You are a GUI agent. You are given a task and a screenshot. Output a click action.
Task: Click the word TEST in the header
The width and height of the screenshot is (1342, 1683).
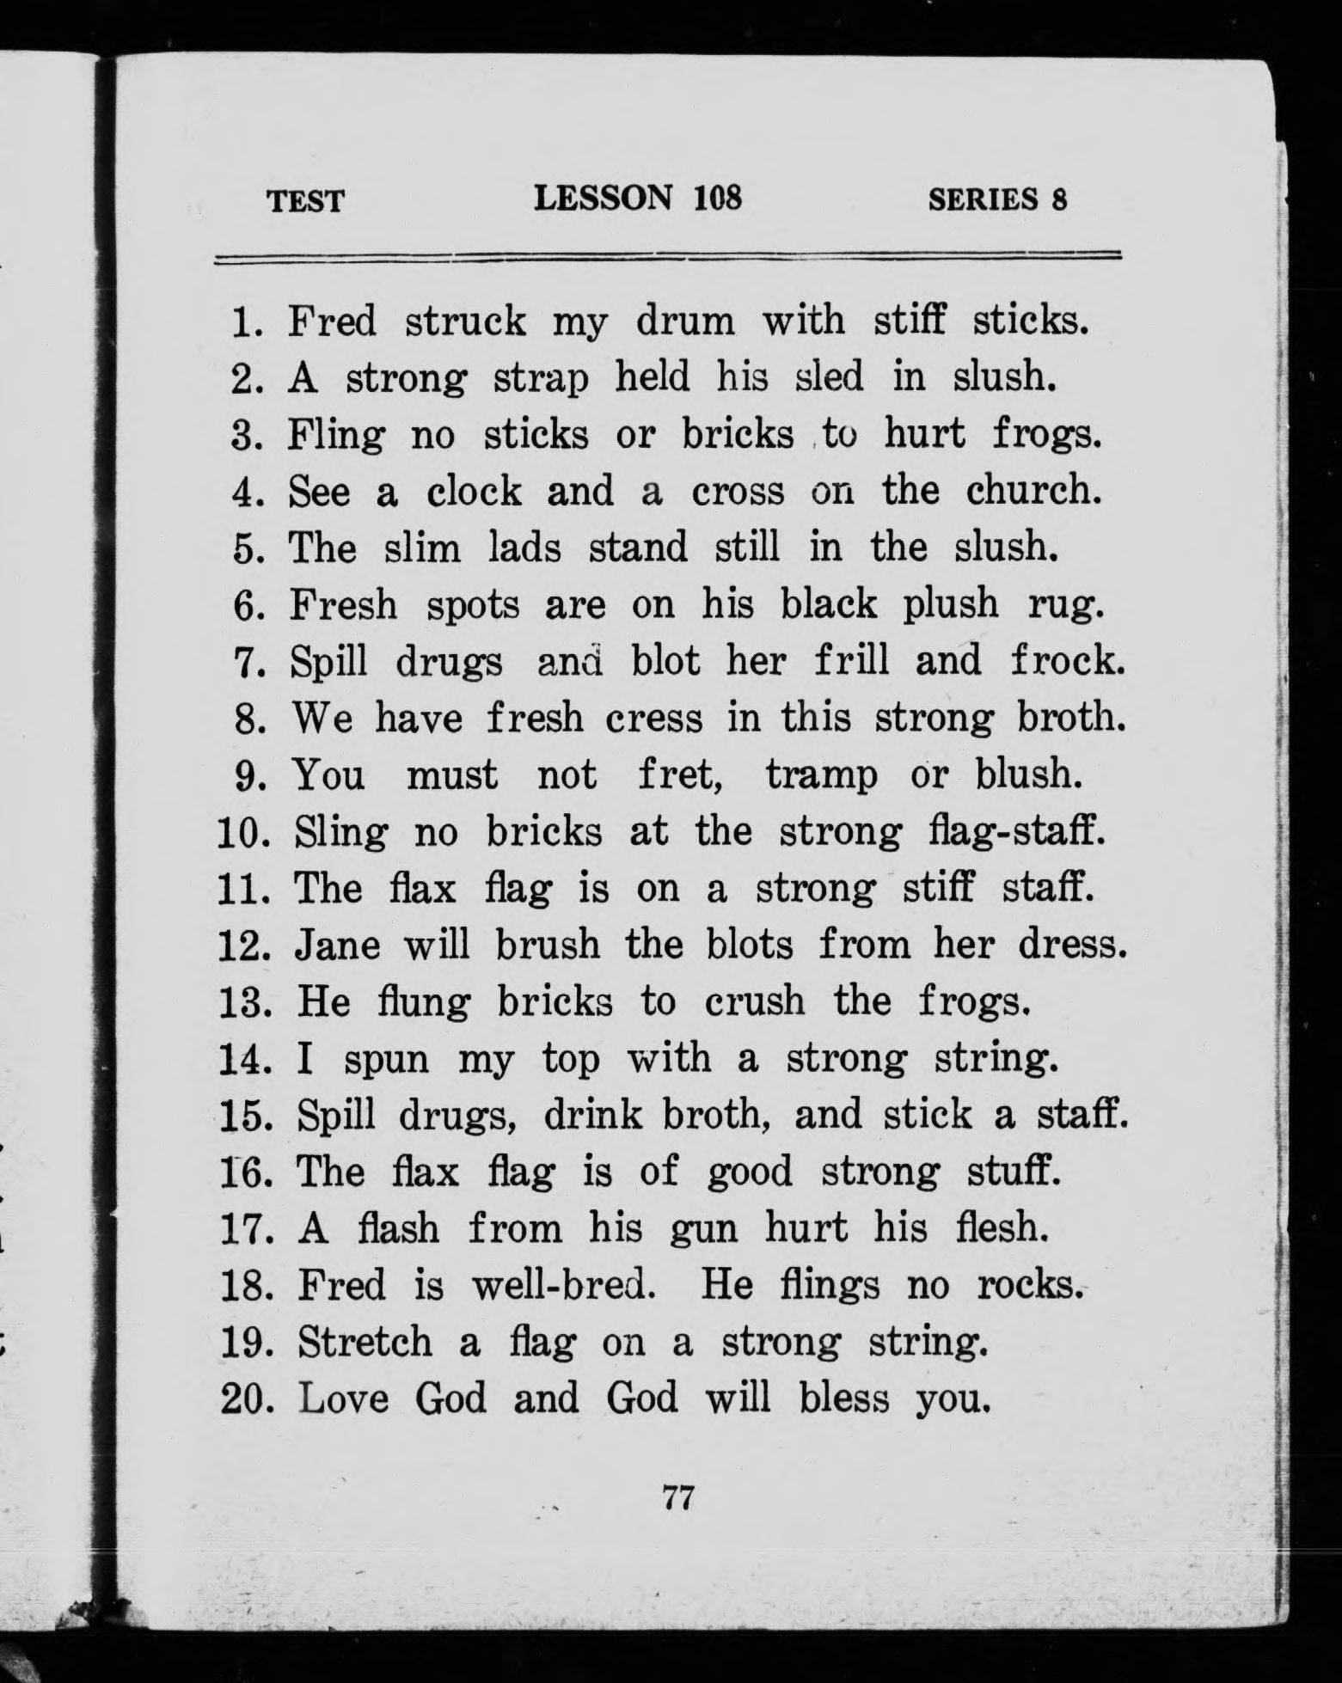point(305,201)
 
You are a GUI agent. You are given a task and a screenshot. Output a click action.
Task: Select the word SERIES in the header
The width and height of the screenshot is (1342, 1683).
point(984,199)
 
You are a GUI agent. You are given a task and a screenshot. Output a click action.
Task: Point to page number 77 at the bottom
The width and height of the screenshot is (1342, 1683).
point(678,1498)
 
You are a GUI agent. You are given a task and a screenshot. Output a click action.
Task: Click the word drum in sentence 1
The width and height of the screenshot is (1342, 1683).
point(685,322)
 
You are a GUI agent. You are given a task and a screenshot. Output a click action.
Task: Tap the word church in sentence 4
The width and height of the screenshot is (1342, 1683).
point(1033,492)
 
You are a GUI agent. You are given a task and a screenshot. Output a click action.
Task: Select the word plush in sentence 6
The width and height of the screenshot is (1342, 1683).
point(951,605)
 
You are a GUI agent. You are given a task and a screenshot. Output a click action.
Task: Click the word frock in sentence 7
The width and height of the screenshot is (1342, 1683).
point(1066,661)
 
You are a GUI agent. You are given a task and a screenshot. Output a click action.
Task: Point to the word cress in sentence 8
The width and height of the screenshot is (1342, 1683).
point(653,719)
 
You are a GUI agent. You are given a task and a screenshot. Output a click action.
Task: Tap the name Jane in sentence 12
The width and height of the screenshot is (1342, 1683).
point(337,946)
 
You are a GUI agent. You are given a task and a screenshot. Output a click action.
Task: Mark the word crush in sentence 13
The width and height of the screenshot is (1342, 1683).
point(755,1002)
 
